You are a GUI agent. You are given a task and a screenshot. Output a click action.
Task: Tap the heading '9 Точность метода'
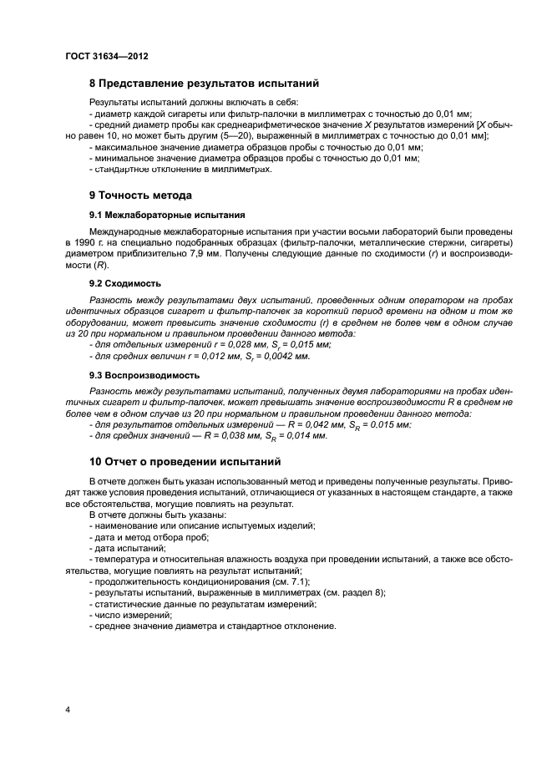(140, 195)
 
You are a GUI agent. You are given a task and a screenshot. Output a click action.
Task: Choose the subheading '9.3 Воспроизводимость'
(144, 375)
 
